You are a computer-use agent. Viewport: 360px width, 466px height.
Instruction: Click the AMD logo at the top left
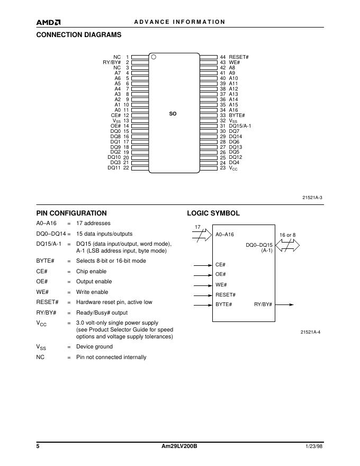click(x=48, y=22)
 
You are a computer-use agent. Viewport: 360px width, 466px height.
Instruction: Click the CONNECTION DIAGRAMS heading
click(x=78, y=35)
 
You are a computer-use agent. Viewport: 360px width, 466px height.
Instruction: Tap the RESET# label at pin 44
click(x=239, y=57)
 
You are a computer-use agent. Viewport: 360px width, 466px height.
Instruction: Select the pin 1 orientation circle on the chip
click(x=154, y=57)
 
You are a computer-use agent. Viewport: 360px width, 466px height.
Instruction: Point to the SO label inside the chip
click(x=173, y=114)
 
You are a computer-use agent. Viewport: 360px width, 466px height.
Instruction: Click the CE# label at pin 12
click(x=116, y=115)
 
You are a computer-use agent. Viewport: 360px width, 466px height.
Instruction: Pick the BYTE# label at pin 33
click(x=237, y=115)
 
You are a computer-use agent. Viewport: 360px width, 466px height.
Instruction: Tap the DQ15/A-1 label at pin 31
click(x=240, y=126)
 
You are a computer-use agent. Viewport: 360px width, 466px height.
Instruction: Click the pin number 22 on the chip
click(x=126, y=168)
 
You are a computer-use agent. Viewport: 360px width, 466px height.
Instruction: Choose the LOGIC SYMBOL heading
click(x=213, y=213)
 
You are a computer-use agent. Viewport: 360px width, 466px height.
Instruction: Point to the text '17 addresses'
click(x=93, y=223)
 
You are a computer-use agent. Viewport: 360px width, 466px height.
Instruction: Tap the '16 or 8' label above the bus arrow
click(x=287, y=235)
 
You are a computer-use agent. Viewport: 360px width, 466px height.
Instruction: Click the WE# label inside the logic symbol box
click(x=221, y=284)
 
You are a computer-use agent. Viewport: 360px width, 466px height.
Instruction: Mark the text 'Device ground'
click(x=94, y=347)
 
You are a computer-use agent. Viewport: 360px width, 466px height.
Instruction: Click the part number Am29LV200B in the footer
click(x=179, y=447)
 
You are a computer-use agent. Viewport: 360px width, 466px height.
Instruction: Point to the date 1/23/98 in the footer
click(x=314, y=447)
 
